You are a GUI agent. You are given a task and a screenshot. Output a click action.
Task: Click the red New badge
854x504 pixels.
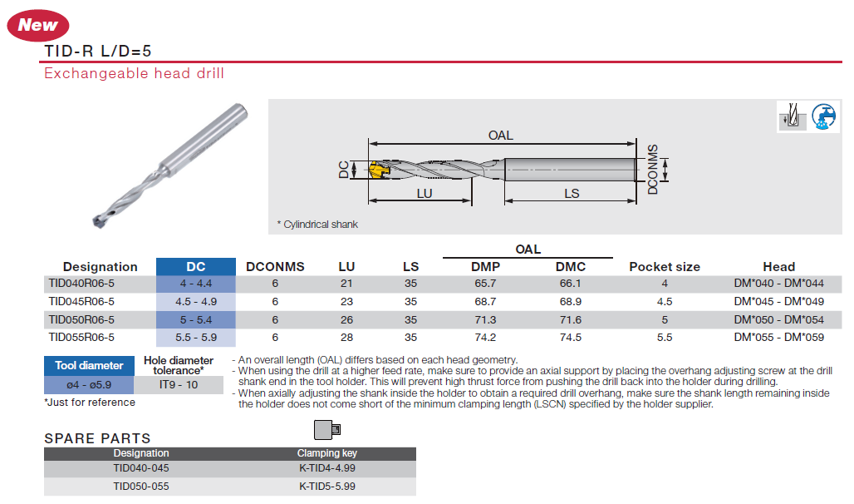37,25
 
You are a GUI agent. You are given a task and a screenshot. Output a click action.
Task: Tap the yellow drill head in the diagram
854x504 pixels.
378,170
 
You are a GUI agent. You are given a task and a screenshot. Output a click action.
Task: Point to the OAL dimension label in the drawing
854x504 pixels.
501,136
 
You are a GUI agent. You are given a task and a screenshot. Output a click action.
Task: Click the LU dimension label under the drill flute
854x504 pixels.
425,194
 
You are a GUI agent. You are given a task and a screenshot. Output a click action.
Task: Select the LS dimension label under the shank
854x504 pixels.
572,194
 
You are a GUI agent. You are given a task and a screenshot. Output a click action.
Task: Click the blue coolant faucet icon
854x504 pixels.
823,116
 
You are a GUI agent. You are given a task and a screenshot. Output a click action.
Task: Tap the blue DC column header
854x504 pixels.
195,267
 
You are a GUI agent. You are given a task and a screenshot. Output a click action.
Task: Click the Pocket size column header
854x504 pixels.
665,267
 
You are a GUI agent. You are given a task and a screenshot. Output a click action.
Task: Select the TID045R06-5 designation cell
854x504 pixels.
81,302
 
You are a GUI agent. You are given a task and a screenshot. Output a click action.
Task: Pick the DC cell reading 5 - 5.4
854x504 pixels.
196,319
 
